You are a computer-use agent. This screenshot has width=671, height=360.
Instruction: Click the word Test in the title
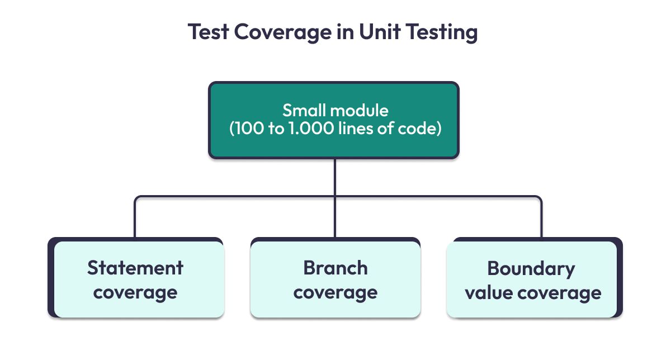[x=208, y=32]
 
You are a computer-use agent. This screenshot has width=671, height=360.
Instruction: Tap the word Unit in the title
[x=380, y=31]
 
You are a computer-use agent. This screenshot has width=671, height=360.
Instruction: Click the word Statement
[x=135, y=268]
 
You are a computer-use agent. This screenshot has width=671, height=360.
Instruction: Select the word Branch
[x=335, y=268]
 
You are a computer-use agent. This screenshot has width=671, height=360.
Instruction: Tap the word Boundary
[x=531, y=269]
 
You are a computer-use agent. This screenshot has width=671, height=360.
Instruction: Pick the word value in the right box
[x=489, y=292]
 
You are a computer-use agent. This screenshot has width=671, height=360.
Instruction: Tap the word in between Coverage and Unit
[x=346, y=32]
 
